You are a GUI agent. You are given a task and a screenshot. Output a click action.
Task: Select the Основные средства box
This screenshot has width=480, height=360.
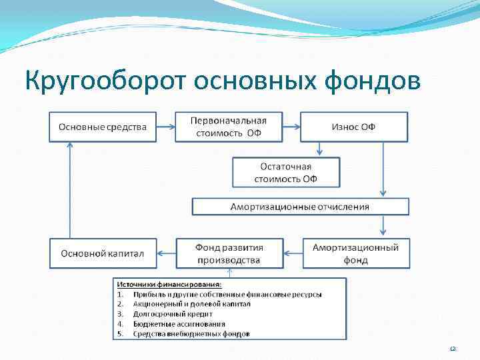103,127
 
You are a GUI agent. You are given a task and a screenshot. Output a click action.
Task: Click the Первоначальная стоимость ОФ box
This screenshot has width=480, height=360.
228,127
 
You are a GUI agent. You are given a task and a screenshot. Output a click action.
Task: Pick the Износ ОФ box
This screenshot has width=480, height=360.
353,127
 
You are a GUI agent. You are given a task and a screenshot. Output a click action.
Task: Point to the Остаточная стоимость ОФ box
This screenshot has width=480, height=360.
285,172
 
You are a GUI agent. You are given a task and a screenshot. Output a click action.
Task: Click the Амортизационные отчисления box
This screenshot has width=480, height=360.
299,207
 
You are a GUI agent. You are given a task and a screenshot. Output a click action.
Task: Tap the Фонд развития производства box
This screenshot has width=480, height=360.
228,253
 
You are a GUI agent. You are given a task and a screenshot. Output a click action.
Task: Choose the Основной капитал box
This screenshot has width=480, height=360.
103,253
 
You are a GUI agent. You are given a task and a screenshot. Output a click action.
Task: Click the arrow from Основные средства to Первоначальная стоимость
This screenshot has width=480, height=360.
165,127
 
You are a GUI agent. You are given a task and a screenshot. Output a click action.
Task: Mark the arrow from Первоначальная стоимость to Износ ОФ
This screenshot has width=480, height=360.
291,127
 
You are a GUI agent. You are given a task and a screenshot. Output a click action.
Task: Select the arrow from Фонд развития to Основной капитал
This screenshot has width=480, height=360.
166,253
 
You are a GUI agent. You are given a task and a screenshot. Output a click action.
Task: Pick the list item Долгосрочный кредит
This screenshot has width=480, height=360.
173,313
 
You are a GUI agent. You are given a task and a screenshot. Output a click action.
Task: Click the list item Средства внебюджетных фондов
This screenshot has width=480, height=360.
191,333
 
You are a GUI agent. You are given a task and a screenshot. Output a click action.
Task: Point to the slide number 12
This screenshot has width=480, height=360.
453,349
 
